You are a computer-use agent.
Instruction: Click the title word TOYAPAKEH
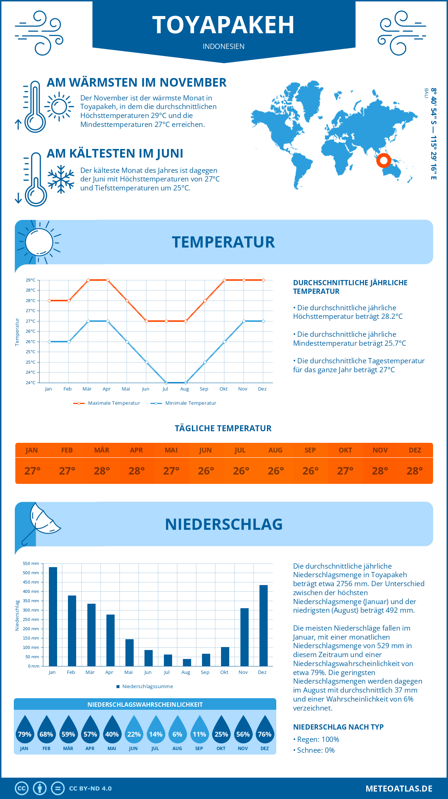point(223,25)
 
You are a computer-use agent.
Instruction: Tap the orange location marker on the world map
point(383,161)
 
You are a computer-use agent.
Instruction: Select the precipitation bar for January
point(53,616)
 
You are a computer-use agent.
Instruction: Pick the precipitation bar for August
point(187,662)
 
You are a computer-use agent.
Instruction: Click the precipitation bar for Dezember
point(264,625)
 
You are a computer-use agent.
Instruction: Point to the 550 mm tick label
point(31,563)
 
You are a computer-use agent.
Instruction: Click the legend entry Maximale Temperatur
point(107,403)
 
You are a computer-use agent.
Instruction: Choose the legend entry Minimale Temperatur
point(183,403)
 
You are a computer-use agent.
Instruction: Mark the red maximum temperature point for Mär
point(88,280)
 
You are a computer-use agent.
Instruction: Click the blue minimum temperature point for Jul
point(166,383)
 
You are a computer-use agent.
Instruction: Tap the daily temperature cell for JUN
point(206,471)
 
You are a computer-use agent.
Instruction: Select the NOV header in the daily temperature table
point(380,450)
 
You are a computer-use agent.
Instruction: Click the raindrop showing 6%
point(177,730)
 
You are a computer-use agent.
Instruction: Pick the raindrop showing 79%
point(24,730)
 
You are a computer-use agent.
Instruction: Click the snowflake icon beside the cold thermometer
point(61,179)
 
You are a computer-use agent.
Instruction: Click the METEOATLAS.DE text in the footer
point(399,789)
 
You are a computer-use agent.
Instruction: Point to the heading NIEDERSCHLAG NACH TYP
point(338,727)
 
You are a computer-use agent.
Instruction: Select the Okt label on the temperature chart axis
point(223,389)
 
